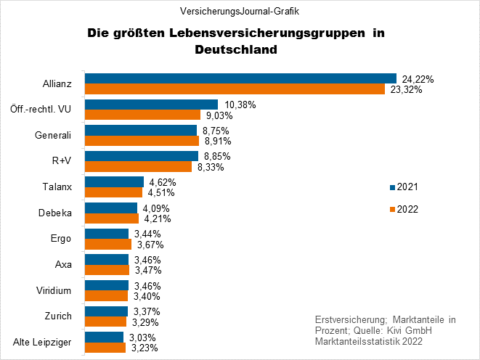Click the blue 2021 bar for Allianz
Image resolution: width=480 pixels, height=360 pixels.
click(x=240, y=78)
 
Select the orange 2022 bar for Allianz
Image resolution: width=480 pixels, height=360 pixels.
click(x=235, y=89)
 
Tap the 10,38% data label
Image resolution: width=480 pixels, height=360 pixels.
click(x=240, y=105)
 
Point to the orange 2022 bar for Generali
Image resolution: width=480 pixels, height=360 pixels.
click(x=142, y=140)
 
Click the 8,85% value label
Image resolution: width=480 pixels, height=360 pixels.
click(x=217, y=156)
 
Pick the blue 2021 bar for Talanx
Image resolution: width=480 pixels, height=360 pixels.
click(x=114, y=181)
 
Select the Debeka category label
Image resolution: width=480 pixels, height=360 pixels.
click(x=55, y=213)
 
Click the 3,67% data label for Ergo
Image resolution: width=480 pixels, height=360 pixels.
click(x=150, y=245)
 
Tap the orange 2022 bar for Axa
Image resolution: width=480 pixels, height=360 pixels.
click(x=107, y=270)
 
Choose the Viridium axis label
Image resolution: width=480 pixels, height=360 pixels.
click(x=54, y=290)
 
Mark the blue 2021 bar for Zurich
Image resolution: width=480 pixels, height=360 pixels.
click(x=106, y=311)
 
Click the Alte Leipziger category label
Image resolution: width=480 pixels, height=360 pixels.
click(x=42, y=343)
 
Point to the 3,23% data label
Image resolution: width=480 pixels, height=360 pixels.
click(x=145, y=348)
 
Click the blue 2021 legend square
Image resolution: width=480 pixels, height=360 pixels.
click(x=392, y=187)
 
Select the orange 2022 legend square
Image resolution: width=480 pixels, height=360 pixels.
click(x=392, y=210)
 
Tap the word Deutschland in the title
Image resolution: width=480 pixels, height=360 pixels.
click(x=236, y=49)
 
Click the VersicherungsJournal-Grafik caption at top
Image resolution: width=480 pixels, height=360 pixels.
click(x=240, y=12)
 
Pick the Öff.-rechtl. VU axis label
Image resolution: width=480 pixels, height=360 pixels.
click(x=41, y=109)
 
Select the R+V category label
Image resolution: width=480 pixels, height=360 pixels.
click(x=62, y=160)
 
